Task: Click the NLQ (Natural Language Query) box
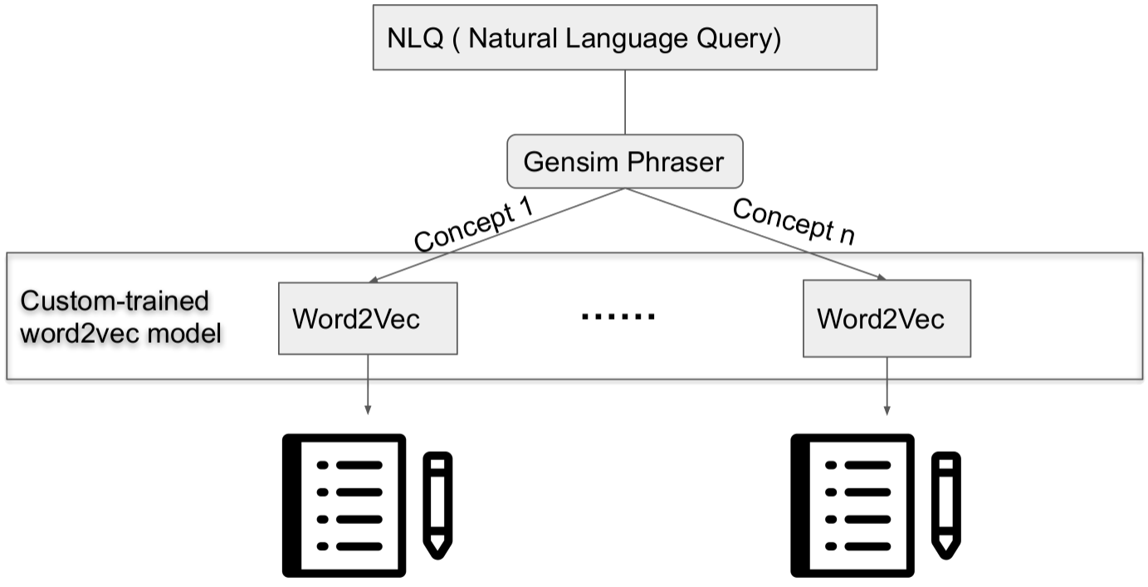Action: click(624, 37)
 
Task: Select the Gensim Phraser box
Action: click(624, 161)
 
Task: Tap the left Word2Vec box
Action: click(368, 319)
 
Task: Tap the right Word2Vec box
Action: click(887, 319)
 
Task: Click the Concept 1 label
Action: click(475, 225)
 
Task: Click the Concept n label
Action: click(794, 222)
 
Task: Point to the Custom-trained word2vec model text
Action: click(120, 317)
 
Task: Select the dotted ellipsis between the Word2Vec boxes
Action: click(618, 316)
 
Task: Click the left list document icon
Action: click(344, 505)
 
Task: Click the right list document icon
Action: click(852, 505)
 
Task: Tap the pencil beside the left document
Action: click(437, 503)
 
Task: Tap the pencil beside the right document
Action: click(945, 503)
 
